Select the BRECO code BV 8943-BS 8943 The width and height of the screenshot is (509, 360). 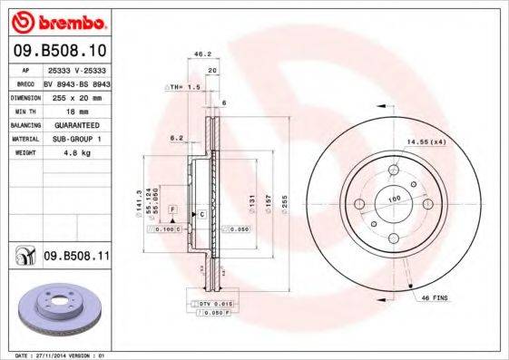coord(77,81)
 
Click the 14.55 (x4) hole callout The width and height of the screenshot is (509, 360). coord(424,141)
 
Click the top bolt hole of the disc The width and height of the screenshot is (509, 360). coord(393,170)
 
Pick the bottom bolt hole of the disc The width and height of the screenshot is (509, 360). coord(393,239)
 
